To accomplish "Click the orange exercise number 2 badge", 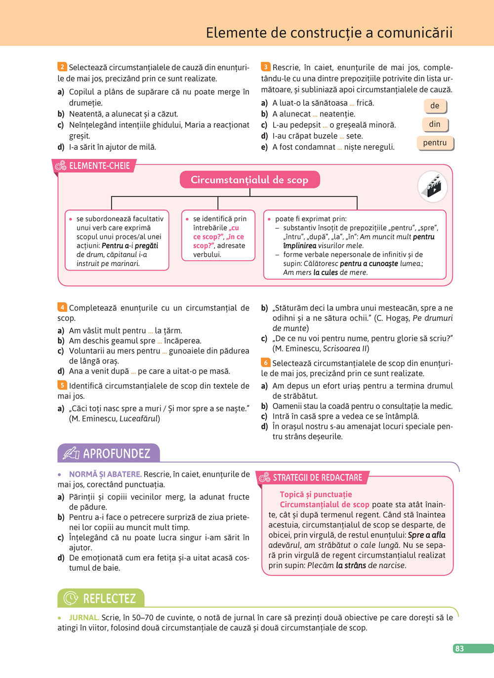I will (62, 67).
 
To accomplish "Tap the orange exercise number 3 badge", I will (266, 67).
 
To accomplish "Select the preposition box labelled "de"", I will (435, 106).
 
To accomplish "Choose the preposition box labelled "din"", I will (435, 124).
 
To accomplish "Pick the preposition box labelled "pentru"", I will (435, 143).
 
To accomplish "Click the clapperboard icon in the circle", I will (433, 186).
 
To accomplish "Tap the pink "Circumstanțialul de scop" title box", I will (249, 180).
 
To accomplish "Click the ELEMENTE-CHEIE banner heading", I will (99, 166).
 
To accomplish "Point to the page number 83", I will (459, 648).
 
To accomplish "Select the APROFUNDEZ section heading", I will (116, 453).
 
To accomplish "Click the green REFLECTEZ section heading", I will (109, 598).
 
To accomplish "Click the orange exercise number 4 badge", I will (62, 307).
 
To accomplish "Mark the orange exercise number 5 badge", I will (62, 385).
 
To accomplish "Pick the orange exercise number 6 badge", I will (266, 362).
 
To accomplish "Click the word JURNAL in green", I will (83, 617).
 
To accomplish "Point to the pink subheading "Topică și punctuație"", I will (316, 494).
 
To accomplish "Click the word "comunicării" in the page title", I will (414, 33).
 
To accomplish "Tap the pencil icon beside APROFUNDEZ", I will (71, 453).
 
